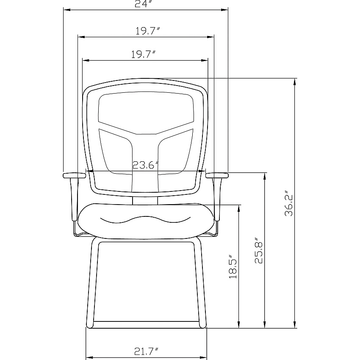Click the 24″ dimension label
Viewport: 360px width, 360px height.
(x=144, y=4)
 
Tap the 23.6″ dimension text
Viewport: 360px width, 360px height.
(x=146, y=165)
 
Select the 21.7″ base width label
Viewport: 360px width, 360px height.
(x=146, y=352)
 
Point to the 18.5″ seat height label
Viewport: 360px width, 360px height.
(x=233, y=266)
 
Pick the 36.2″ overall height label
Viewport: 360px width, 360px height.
(x=289, y=203)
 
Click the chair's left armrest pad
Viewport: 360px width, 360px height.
(x=75, y=175)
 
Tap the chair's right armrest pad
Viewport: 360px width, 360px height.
(x=217, y=175)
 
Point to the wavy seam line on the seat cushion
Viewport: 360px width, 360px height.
(x=146, y=220)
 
